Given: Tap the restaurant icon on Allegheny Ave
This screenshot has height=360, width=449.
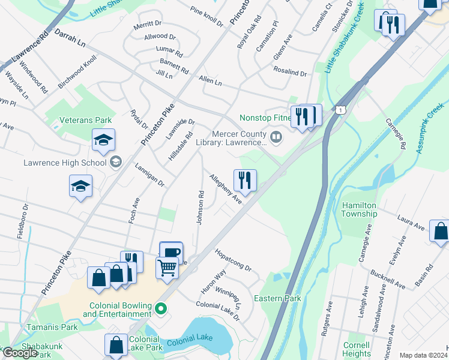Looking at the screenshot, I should click(x=245, y=179).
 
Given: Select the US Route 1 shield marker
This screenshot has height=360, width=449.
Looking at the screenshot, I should click(x=341, y=110).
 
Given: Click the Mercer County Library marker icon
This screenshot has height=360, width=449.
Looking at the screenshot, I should click(x=276, y=138).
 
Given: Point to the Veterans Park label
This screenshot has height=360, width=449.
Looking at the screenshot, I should click(x=85, y=120).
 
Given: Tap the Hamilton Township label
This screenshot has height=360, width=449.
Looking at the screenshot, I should click(x=359, y=209).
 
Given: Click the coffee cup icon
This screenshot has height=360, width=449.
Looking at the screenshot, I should click(x=171, y=252).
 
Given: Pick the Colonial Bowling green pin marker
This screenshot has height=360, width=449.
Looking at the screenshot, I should click(x=160, y=309).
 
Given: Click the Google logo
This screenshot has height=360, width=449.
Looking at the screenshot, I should click(x=20, y=353).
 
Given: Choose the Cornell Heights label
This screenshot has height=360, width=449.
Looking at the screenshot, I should click(x=357, y=349).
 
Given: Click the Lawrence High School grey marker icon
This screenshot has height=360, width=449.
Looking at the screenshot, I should click(x=115, y=161).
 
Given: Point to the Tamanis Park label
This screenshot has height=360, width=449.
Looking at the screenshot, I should click(x=52, y=328).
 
